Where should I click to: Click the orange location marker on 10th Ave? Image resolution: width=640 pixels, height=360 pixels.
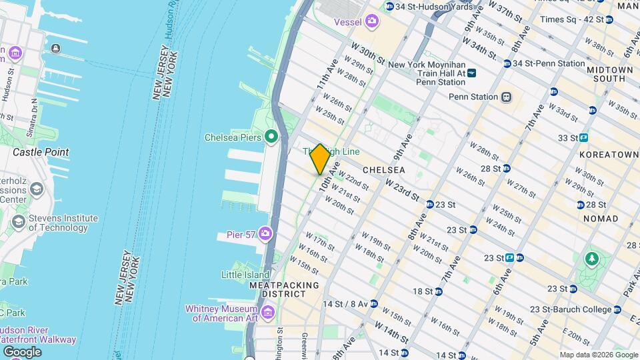320,159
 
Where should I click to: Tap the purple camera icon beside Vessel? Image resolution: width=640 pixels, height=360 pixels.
372,23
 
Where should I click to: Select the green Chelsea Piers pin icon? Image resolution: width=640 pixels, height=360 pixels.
271,137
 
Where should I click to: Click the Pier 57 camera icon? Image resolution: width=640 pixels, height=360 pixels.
265,233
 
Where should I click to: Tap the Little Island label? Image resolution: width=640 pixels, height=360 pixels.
246,274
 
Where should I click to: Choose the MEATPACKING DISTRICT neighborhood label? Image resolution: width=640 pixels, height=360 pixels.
277,289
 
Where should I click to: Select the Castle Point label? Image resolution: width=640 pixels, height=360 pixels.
41,152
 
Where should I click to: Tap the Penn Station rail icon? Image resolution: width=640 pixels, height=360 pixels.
506,97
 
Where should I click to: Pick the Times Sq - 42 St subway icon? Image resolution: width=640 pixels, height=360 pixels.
609,20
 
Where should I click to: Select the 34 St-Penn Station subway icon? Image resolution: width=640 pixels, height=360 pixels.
507,64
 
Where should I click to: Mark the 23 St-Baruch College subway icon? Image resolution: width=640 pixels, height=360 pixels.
617,309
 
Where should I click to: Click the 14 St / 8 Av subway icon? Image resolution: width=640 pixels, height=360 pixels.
373,304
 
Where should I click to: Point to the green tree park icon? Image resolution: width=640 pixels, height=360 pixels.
591,258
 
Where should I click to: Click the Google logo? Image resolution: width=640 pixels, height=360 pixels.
22,352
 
